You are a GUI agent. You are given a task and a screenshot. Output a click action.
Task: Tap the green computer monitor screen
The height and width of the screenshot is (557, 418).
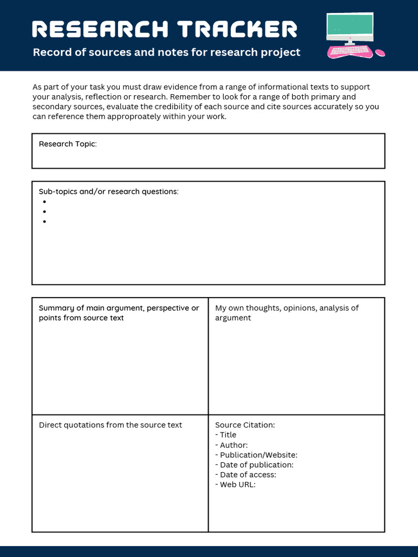[350, 24]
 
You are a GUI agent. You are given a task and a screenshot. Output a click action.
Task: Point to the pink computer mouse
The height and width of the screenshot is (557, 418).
[380, 53]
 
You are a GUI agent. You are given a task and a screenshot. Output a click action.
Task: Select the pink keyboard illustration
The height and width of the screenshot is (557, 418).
[349, 51]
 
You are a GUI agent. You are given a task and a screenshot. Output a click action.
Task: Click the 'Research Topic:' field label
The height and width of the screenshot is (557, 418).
[67, 144]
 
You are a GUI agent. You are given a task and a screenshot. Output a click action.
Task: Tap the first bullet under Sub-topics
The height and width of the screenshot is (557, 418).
[44, 202]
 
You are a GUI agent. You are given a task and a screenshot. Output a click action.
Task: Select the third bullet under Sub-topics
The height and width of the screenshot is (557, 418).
[44, 221]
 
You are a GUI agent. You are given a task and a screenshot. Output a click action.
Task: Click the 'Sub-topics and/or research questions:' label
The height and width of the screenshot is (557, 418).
[108, 191]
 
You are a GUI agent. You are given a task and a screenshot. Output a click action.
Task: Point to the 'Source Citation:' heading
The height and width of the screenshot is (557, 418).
[245, 425]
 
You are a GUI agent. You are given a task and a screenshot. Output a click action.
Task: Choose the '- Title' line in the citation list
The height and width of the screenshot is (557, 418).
[226, 435]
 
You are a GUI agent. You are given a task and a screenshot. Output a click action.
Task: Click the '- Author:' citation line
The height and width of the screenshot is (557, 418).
[231, 445]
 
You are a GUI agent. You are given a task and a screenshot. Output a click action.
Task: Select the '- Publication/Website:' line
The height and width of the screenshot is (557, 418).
[256, 455]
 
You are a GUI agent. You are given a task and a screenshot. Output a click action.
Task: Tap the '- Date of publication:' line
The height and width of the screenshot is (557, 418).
[254, 465]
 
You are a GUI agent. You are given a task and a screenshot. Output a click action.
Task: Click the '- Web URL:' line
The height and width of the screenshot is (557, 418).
[235, 484]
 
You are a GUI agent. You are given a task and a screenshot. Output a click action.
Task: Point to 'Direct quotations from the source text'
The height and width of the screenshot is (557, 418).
[110, 425]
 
